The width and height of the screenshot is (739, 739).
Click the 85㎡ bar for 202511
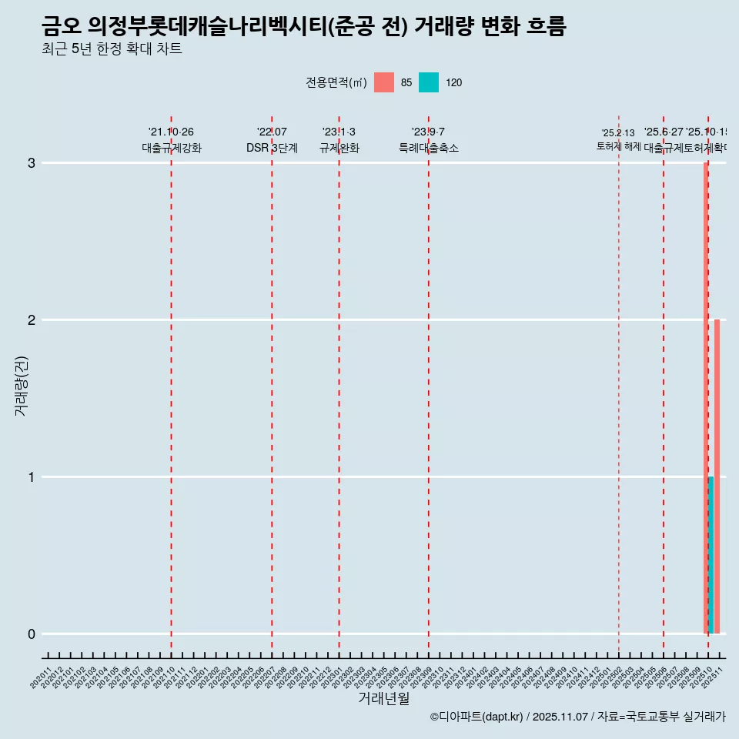[x=717, y=476]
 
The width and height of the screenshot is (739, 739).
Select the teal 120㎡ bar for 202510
[x=711, y=554]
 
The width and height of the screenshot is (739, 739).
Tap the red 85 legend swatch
[x=384, y=82]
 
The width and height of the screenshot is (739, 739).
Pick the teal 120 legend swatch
[x=429, y=82]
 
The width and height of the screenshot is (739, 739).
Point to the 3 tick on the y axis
[x=32, y=163]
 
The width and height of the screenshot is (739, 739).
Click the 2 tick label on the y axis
[x=32, y=320]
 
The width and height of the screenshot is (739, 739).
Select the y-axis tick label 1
[x=32, y=477]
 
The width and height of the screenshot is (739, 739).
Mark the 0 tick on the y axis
[x=32, y=634]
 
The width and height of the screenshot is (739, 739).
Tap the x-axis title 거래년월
[x=383, y=698]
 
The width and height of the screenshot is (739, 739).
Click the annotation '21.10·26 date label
[x=171, y=132]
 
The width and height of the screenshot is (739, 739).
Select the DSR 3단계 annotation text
[x=272, y=148]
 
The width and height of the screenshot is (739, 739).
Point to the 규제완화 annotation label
[x=339, y=148]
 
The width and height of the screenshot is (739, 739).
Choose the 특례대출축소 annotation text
[x=428, y=148]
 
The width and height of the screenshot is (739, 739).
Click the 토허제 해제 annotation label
[x=618, y=146]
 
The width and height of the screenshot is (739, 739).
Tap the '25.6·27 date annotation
[x=664, y=132]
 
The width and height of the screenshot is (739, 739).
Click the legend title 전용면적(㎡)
[x=336, y=83]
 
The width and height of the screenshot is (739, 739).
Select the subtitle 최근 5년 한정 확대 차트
[x=112, y=49]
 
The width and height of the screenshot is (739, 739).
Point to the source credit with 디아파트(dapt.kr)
[x=477, y=717]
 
